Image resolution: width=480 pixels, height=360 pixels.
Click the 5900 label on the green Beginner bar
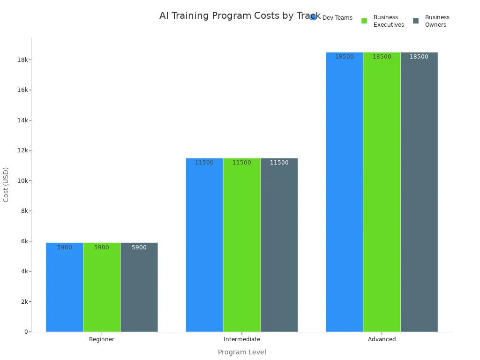(101, 247)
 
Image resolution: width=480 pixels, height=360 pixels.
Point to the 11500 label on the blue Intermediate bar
(204, 163)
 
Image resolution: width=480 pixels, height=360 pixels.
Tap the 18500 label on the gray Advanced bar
(419, 57)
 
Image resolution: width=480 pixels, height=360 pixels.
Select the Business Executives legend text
(389, 21)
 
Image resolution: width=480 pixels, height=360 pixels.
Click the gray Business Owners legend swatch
(416, 21)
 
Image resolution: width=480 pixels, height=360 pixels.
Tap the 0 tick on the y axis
(26, 332)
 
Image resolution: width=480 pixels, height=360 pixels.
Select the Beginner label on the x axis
(102, 339)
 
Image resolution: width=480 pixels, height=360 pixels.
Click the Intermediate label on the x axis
(242, 339)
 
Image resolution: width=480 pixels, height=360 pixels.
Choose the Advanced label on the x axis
(382, 339)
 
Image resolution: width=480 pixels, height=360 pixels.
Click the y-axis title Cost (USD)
(6, 185)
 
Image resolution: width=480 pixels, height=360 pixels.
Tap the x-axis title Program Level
(242, 352)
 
